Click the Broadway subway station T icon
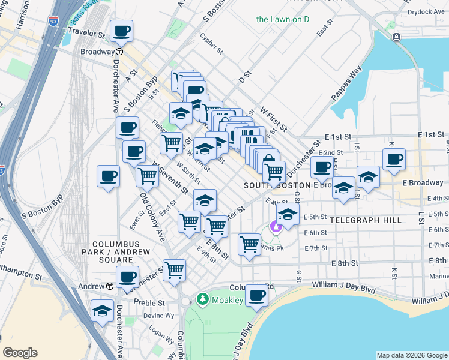click(x=119, y=52)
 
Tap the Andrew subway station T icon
click(x=110, y=286)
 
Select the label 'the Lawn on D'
click(x=282, y=19)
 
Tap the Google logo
click(x=20, y=353)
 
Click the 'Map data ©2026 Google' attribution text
click(x=411, y=355)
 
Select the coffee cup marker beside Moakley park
click(x=257, y=295)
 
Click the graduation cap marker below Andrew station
click(x=103, y=311)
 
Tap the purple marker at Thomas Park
click(x=276, y=227)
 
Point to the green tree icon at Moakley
click(x=203, y=299)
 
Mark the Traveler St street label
click(x=86, y=31)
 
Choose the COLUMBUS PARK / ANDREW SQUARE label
click(x=112, y=252)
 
